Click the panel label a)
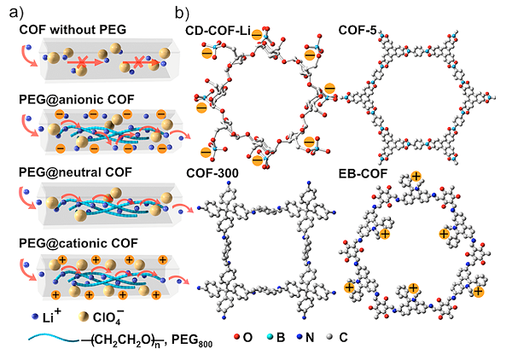tap(17, 13)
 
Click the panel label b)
tap(182, 14)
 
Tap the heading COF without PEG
tap(73, 30)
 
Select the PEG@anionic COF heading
tap(77, 100)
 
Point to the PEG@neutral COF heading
tap(75, 172)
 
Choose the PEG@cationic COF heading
tap(79, 243)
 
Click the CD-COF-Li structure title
tap(218, 31)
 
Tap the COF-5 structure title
tap(358, 30)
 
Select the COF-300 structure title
tap(212, 173)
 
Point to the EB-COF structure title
tap(363, 173)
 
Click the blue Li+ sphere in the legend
tap(35, 316)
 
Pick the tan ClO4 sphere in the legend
tap(84, 316)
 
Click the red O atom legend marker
tap(237, 337)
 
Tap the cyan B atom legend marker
tap(270, 337)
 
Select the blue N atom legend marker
tap(300, 337)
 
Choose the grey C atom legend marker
tap(329, 337)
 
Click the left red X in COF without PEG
tap(82, 61)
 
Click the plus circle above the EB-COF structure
tap(416, 177)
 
